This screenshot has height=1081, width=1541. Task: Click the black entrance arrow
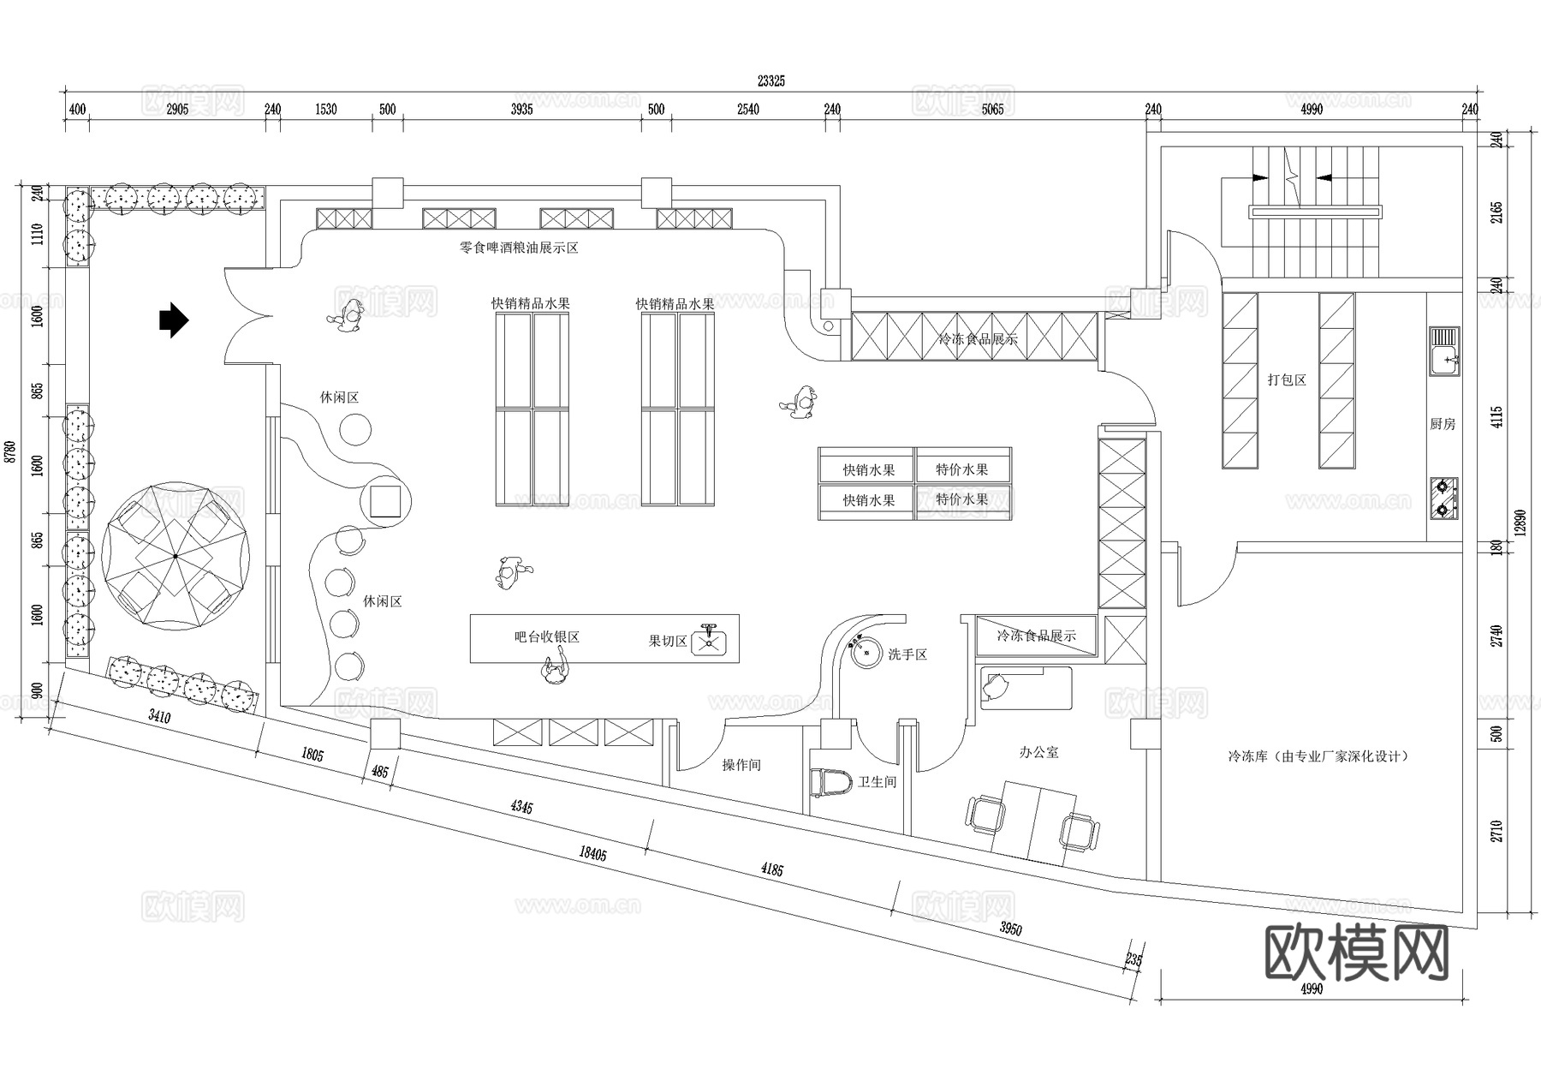[x=174, y=320]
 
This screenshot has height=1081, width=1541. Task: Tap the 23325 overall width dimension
[x=770, y=81]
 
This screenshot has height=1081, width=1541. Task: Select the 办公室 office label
[x=1038, y=752]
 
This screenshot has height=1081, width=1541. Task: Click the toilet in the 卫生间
[x=830, y=783]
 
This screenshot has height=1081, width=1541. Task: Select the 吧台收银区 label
[x=547, y=637]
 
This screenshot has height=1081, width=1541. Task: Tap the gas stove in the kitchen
[x=1443, y=499]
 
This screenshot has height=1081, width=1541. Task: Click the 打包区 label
[x=1287, y=379]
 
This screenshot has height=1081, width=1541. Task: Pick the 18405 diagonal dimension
[x=592, y=851]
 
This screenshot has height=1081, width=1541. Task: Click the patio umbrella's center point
[x=176, y=556]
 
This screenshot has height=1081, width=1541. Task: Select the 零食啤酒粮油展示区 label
[x=519, y=248]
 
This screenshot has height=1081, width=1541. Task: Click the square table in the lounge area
[x=384, y=501]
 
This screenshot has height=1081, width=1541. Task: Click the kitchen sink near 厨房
[x=1444, y=352]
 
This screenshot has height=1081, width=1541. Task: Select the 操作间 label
[x=741, y=765]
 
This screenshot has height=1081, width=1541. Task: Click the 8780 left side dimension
[x=10, y=451]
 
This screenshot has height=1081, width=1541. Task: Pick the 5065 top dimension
[x=992, y=109]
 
